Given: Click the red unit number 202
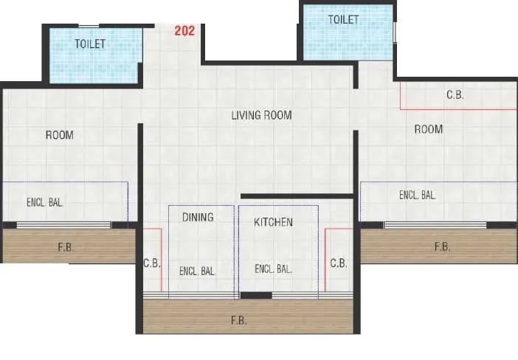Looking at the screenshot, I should pyautogui.click(x=185, y=31).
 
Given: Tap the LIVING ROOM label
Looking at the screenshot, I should pyautogui.click(x=261, y=115).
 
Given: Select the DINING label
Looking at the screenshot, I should pyautogui.click(x=198, y=217).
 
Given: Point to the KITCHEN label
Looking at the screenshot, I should pyautogui.click(x=273, y=222).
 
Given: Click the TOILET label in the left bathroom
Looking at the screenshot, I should pyautogui.click(x=89, y=44).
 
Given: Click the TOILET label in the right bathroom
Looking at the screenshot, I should pyautogui.click(x=343, y=19).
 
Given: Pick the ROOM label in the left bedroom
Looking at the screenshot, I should pyautogui.click(x=60, y=135).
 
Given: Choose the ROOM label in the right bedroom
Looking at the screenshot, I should pyautogui.click(x=428, y=129).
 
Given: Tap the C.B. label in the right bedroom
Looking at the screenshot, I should pyautogui.click(x=455, y=95).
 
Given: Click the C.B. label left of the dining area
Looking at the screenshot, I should pyautogui.click(x=152, y=263).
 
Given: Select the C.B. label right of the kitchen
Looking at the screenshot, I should pyautogui.click(x=339, y=263).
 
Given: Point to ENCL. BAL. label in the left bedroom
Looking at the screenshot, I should pyautogui.click(x=44, y=201).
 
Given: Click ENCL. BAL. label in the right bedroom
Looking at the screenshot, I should pyautogui.click(x=418, y=195).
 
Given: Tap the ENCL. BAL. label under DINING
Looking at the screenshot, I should pyautogui.click(x=197, y=271).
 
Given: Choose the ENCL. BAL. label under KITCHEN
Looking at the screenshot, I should pyautogui.click(x=273, y=269).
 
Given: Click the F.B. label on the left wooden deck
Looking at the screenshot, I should pyautogui.click(x=66, y=246).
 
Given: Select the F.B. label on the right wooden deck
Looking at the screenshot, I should pyautogui.click(x=441, y=247).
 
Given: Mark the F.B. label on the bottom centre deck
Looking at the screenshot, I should pyautogui.click(x=238, y=321).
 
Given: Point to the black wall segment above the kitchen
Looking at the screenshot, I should pyautogui.click(x=297, y=195).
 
